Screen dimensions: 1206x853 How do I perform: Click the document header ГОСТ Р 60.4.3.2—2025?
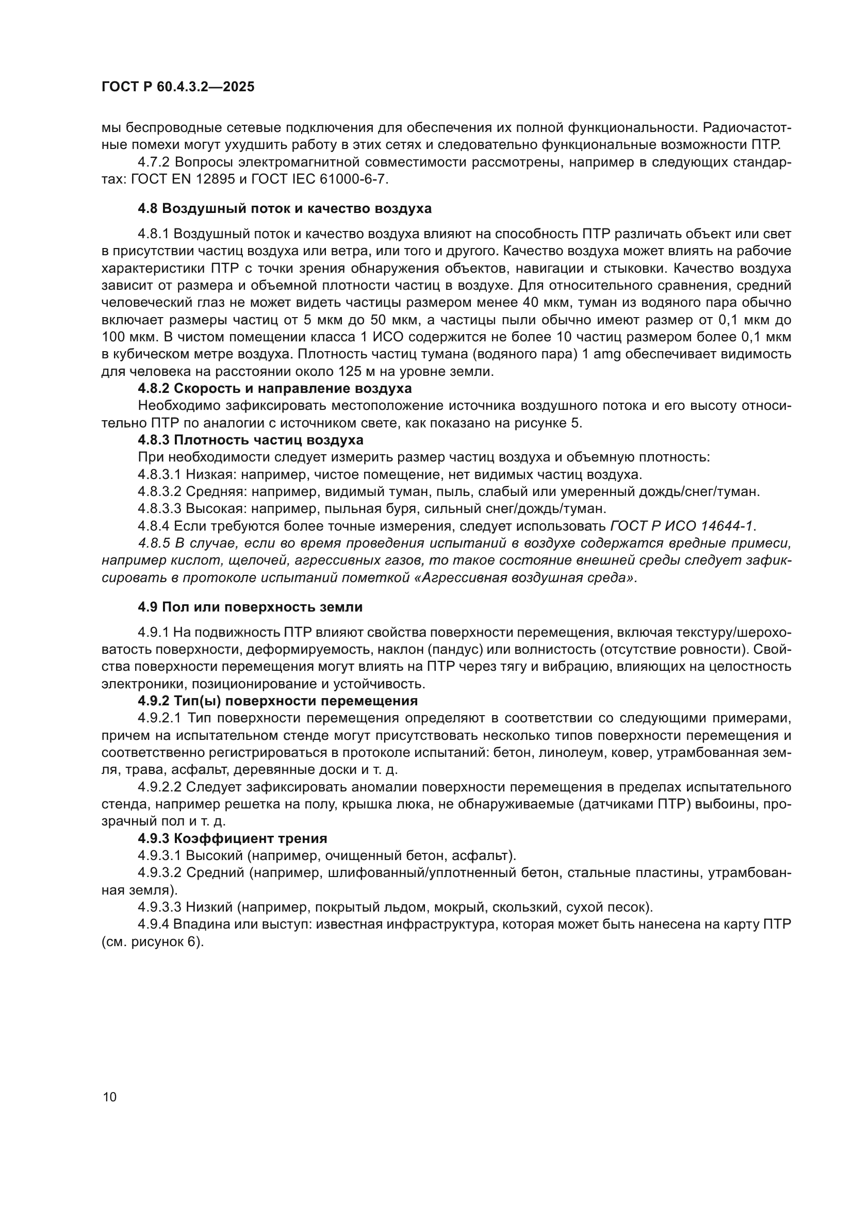point(178,87)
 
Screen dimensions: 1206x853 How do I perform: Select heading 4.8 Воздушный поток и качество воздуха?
point(285,208)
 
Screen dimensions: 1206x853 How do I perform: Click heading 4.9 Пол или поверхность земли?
point(250,607)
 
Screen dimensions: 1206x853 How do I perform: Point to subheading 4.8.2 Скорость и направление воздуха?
point(275,389)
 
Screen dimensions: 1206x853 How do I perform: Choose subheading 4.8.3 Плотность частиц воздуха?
point(251,440)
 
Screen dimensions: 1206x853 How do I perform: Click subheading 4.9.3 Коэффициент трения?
point(233,838)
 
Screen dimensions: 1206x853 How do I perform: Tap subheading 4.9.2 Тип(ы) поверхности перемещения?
point(278,701)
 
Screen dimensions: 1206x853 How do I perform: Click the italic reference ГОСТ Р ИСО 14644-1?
point(682,526)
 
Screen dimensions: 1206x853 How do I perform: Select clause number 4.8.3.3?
point(159,508)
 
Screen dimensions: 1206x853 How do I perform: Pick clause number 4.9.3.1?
point(159,856)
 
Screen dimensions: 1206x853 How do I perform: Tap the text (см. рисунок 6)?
point(152,942)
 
